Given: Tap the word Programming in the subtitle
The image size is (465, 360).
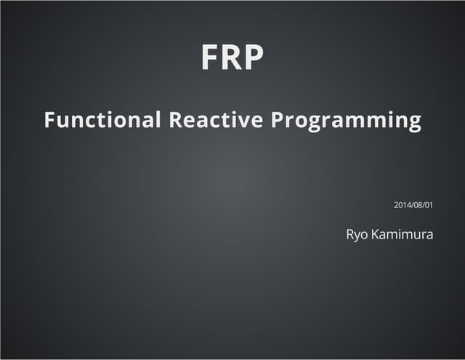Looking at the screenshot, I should click(x=347, y=121).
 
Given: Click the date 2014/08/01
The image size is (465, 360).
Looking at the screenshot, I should click(x=413, y=205).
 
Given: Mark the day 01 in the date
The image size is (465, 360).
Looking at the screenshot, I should click(x=429, y=205).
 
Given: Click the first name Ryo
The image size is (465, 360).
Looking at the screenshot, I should click(x=357, y=235).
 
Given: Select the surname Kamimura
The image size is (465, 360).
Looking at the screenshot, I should click(x=403, y=234).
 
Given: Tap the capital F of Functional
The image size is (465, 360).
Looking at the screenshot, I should click(x=49, y=120).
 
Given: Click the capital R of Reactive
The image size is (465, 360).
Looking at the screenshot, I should click(x=175, y=120).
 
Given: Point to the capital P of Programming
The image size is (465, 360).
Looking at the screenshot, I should click(x=278, y=120).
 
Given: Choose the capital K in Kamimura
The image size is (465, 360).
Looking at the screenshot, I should click(x=376, y=234).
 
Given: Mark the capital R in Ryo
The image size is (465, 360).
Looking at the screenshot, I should click(x=349, y=234).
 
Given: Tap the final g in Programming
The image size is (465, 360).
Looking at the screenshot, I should click(x=415, y=122).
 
